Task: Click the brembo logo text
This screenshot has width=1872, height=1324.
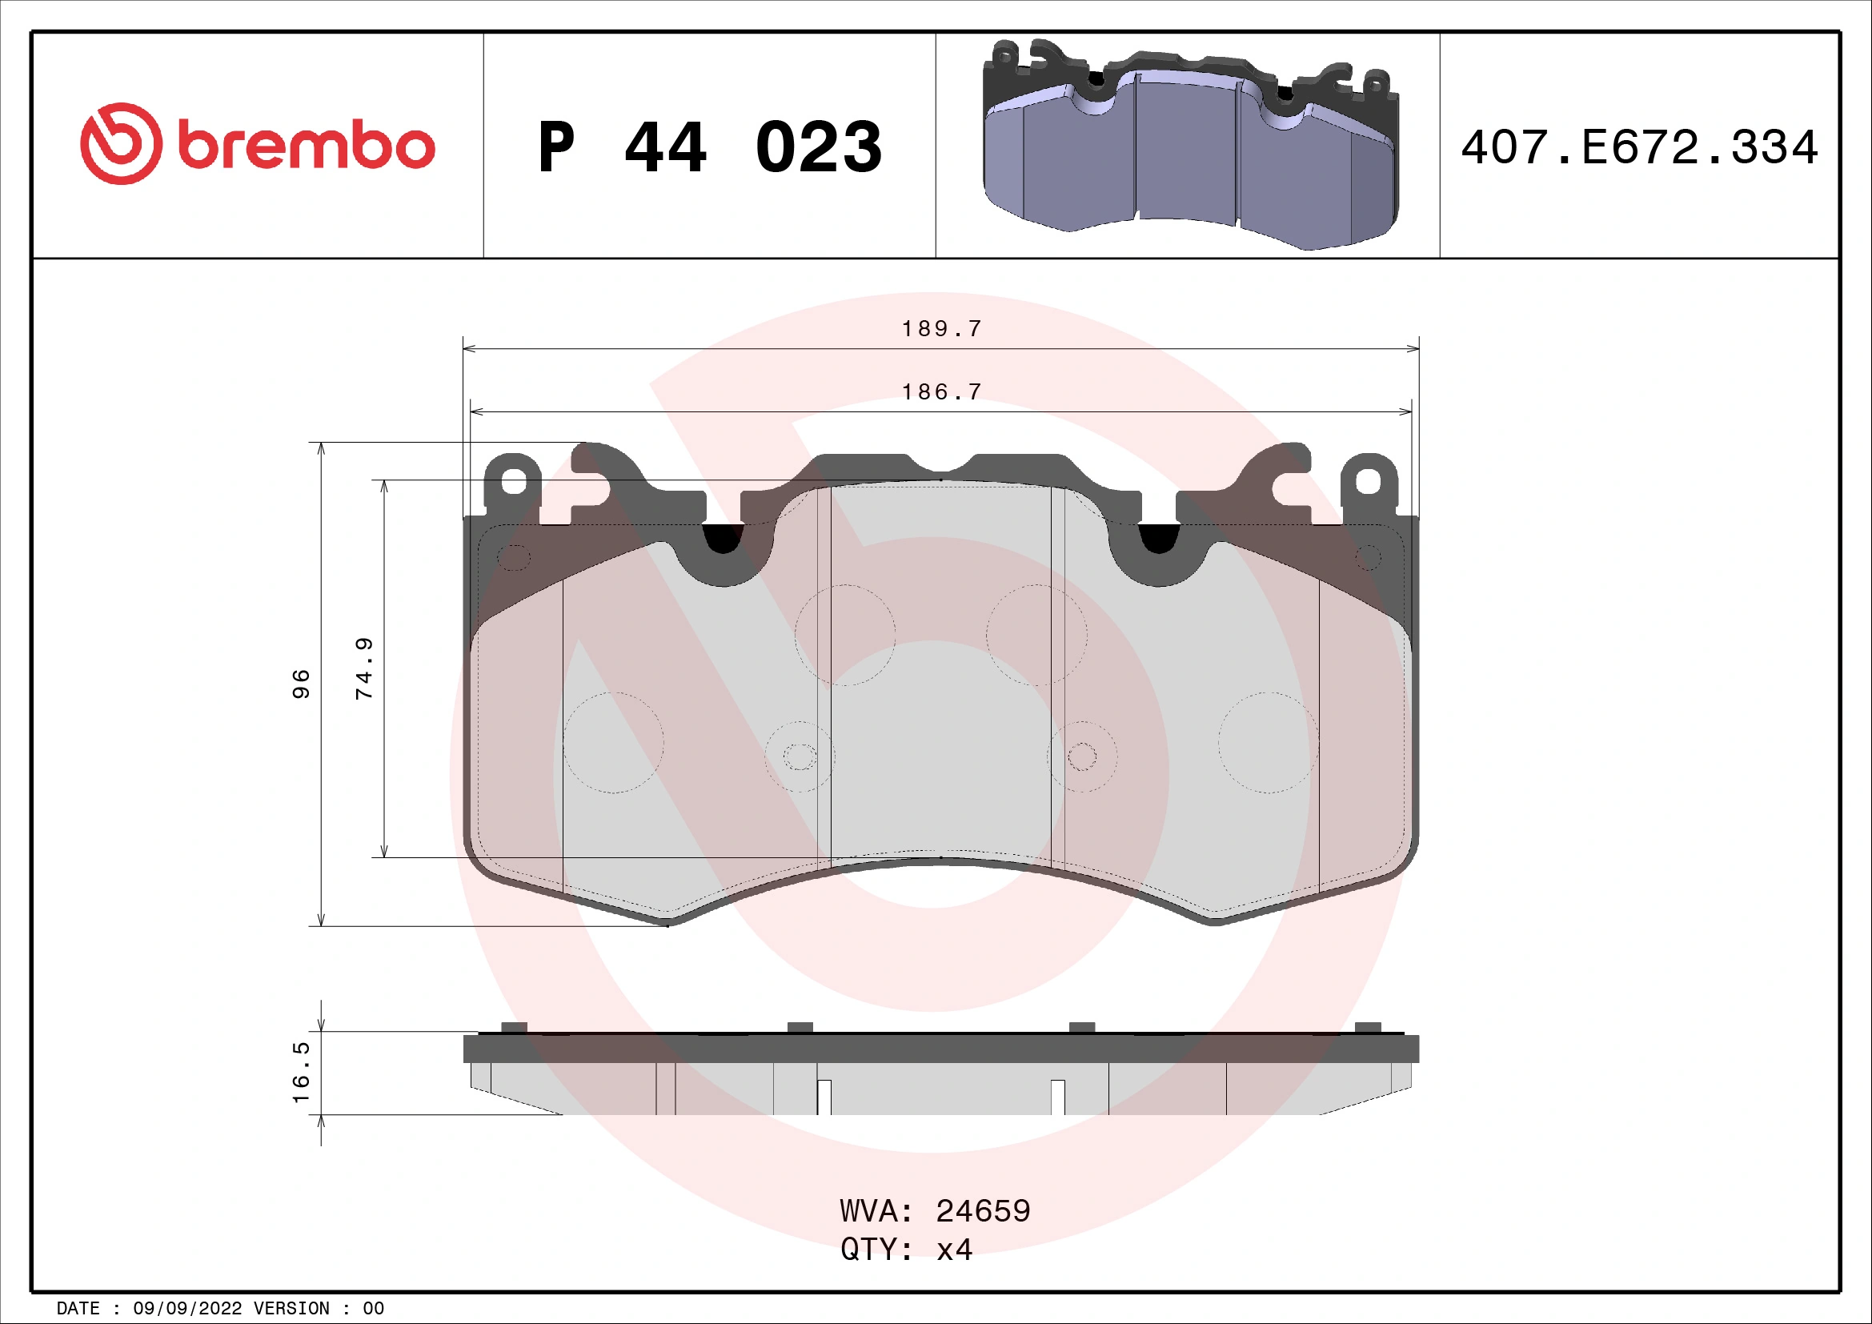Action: pyautogui.click(x=306, y=146)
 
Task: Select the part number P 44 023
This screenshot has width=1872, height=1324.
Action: pyautogui.click(x=709, y=147)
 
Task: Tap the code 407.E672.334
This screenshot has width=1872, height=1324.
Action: pyautogui.click(x=1639, y=147)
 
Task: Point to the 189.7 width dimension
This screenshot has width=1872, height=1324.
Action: pyautogui.click(x=941, y=328)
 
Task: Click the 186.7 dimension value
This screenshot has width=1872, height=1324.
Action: pyautogui.click(x=941, y=392)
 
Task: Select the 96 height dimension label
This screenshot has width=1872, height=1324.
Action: pyautogui.click(x=301, y=683)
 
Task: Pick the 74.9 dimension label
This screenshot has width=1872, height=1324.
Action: pyautogui.click(x=364, y=668)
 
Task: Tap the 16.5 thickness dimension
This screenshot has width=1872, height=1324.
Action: pyautogui.click(x=301, y=1071)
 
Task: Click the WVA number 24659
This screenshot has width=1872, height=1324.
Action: pyautogui.click(x=983, y=1211)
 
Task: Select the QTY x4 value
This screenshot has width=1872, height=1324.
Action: pyautogui.click(x=954, y=1250)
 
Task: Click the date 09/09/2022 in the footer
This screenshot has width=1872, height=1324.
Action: pyautogui.click(x=187, y=1309)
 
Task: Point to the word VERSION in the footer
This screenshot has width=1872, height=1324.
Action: pyautogui.click(x=291, y=1309)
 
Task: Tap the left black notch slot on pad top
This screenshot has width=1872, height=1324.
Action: pyautogui.click(x=723, y=538)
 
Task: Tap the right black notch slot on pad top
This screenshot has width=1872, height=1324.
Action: pyautogui.click(x=1159, y=538)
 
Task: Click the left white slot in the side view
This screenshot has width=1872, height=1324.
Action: pyautogui.click(x=824, y=1097)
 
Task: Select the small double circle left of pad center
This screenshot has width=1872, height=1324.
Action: pyautogui.click(x=800, y=756)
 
